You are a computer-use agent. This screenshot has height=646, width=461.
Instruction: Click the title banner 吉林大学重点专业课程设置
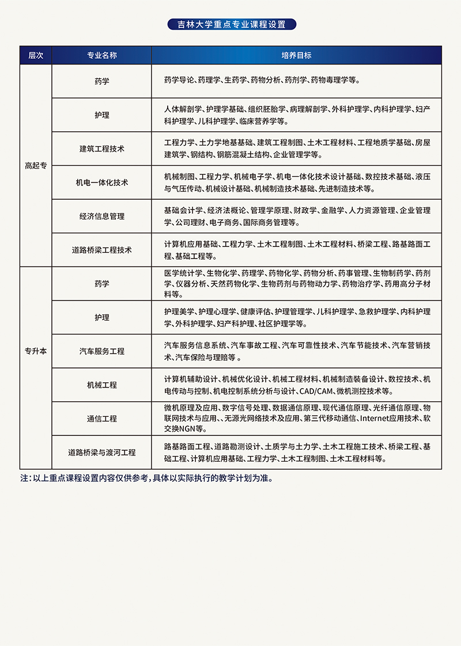click(231, 24)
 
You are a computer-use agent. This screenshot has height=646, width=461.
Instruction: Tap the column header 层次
click(36, 55)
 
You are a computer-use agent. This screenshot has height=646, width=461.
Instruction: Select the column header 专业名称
click(102, 55)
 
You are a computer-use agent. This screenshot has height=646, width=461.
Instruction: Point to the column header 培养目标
click(296, 55)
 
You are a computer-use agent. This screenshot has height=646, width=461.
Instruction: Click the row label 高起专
click(36, 165)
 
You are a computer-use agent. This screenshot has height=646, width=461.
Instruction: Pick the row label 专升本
click(36, 351)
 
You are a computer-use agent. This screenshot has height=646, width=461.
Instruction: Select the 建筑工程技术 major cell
click(102, 149)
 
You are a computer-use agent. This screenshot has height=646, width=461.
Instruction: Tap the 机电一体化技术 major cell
click(102, 183)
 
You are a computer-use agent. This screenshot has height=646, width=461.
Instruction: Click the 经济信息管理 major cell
click(102, 216)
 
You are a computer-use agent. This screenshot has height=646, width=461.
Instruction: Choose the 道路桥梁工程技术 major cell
click(102, 250)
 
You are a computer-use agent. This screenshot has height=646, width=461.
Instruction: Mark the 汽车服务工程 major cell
click(102, 351)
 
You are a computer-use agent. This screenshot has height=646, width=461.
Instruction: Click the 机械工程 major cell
click(102, 385)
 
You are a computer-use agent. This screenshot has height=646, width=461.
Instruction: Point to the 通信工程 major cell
click(102, 419)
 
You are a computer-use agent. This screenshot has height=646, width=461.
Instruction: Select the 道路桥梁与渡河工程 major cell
click(102, 453)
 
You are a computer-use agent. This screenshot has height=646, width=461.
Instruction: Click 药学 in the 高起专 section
click(102, 81)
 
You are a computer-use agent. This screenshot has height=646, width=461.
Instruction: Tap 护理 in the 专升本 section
click(102, 317)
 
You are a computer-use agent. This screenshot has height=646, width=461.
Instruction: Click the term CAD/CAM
click(316, 391)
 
